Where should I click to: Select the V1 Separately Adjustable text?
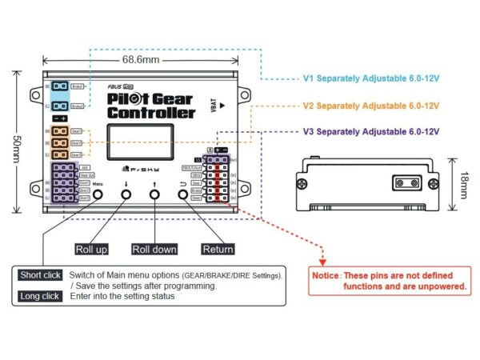371,80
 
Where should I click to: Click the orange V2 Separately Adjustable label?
371,106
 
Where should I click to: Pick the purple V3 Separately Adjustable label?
371,131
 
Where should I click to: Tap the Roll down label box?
154,249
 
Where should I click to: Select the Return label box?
218,249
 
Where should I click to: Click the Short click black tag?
40,275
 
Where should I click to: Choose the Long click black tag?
40,297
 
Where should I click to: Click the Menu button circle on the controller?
98,196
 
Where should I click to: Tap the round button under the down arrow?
126,196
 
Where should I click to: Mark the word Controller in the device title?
152,113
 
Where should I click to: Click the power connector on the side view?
404,182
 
